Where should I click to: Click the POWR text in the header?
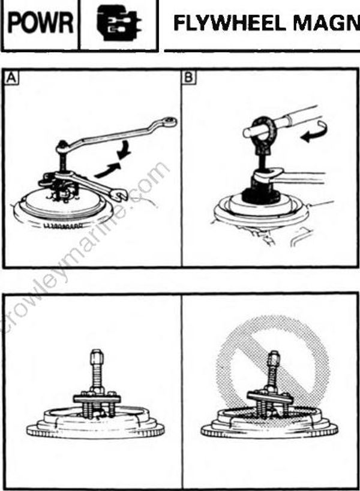pyautogui.click(x=40, y=23)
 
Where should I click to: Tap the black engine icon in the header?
pyautogui.click(x=118, y=23)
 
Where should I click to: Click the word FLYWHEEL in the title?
pyautogui.click(x=229, y=23)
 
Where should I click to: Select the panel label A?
pyautogui.click(x=11, y=78)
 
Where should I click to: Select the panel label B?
pyautogui.click(x=189, y=77)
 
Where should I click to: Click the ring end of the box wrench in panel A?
pyautogui.click(x=169, y=121)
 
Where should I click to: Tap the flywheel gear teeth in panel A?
pyautogui.click(x=65, y=226)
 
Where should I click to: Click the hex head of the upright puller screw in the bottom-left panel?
pyautogui.click(x=97, y=357)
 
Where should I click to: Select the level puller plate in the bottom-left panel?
pyautogui.click(x=97, y=399)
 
